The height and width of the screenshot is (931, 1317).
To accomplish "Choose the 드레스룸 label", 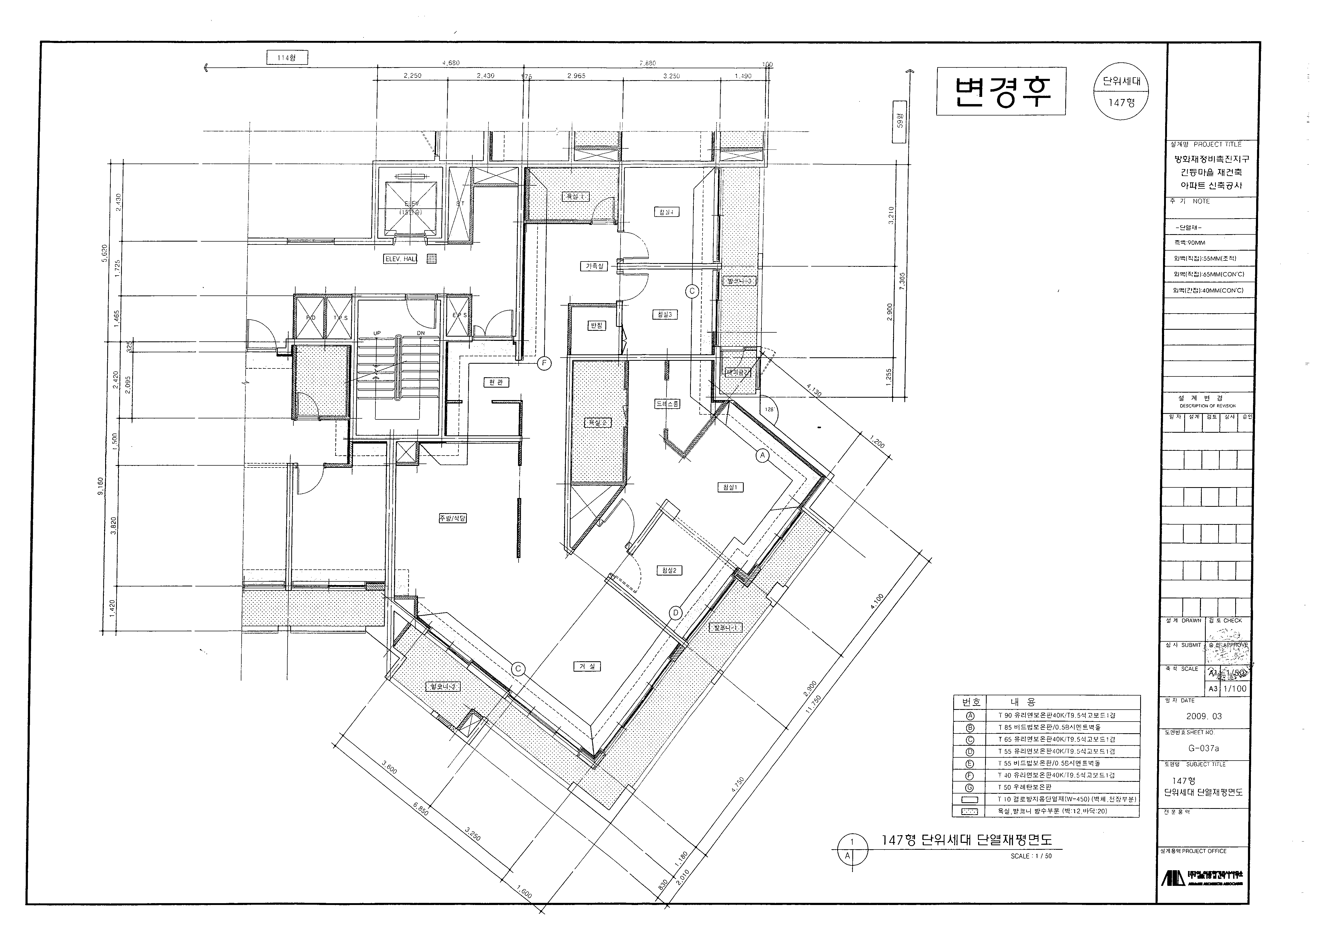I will coord(667,404).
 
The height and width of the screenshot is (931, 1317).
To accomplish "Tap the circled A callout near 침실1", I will coord(762,456).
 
